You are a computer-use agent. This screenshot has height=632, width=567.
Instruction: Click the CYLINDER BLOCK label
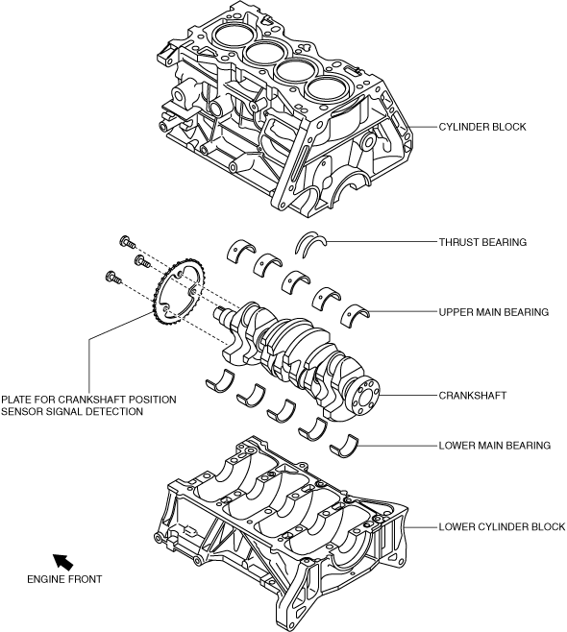pos(482,127)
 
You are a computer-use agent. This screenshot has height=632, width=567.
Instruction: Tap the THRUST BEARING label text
pos(482,242)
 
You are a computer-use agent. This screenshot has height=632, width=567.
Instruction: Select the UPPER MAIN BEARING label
pos(494,312)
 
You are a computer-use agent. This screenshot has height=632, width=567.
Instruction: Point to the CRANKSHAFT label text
pos(472,396)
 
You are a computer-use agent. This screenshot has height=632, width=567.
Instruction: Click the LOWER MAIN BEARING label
pos(494,446)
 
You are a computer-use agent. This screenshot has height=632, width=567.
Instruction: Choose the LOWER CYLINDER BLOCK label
pos(502,526)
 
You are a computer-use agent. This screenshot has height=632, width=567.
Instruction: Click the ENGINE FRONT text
pos(64,579)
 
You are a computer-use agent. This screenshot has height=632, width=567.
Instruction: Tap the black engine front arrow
pos(62,562)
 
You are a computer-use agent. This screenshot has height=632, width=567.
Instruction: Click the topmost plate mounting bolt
pos(128,243)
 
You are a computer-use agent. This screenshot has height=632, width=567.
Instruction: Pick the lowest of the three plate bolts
pos(112,278)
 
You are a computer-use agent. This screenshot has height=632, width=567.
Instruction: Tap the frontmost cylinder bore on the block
pos(232,35)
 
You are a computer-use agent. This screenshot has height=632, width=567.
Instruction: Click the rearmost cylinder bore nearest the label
pos(325,88)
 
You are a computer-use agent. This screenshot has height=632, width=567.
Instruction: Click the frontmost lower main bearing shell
pos(220,381)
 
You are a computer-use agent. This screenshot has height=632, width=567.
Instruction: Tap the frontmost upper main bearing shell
pos(241,251)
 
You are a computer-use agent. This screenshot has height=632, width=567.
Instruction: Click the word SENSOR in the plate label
pos(20,411)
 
